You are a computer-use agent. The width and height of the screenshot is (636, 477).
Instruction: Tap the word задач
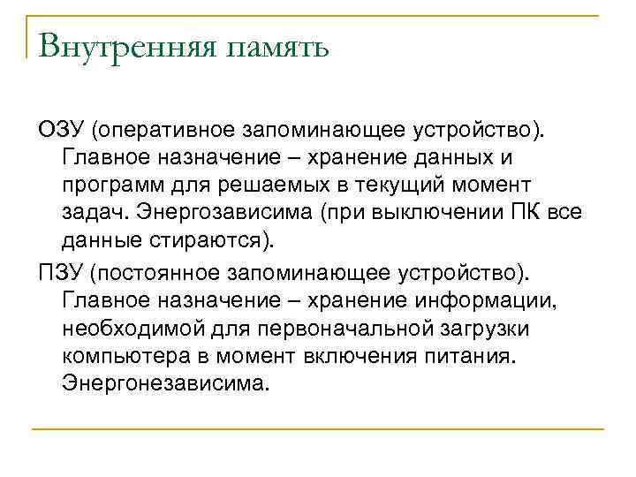click(x=92, y=213)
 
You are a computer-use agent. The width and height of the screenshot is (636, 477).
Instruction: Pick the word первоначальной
click(x=345, y=329)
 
